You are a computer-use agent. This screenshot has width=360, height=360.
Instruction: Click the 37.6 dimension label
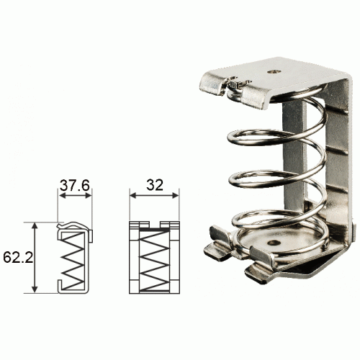click(75, 185)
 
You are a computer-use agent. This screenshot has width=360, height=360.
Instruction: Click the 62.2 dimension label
click(18, 258)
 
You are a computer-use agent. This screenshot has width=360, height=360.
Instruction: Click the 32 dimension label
click(155, 185)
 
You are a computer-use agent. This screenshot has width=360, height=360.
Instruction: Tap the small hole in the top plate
click(274, 71)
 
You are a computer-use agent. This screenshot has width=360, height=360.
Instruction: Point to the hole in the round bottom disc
click(274, 243)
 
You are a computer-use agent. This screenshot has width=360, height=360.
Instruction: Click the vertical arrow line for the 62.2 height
click(35, 258)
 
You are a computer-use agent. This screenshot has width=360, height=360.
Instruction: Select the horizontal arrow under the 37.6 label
click(75, 196)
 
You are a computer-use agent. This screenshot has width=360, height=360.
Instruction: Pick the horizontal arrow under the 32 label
click(154, 196)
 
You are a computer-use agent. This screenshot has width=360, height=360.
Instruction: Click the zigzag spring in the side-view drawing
click(73, 261)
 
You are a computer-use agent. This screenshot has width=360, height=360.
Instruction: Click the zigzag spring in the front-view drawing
click(154, 261)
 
